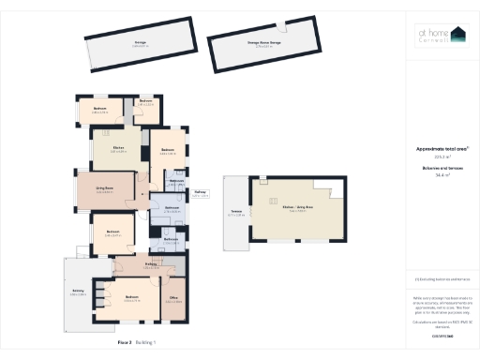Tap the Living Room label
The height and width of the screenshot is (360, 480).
pos(104,188)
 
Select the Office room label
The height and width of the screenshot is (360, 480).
pos(173,300)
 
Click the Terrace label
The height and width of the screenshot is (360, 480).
pos(235,212)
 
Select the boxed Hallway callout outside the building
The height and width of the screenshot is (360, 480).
pos(200,194)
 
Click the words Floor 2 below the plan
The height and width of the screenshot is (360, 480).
pos(125,344)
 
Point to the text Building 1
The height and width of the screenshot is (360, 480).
pos(146,344)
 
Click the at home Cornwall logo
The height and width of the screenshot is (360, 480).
pos(440,36)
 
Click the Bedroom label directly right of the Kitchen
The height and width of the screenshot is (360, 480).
pos(168,150)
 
